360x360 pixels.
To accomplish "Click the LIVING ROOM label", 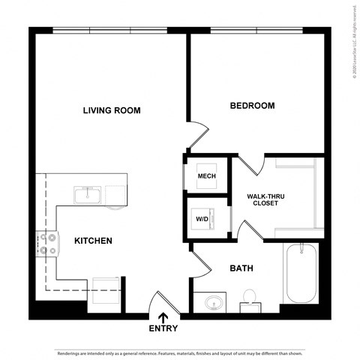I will tap(112, 111).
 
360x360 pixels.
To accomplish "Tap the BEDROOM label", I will tap(251, 106).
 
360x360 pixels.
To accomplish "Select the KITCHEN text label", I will tap(93, 241).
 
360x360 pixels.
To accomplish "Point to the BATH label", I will tap(241, 268).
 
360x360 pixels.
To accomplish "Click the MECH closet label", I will tap(206, 177).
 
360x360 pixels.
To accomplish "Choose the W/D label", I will tap(202, 219).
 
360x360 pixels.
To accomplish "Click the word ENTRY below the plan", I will tap(163, 328).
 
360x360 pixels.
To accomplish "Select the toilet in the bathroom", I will tap(249, 301).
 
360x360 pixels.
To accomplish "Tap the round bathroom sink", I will tap(213, 304).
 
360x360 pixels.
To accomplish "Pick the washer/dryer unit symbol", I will tap(211, 218).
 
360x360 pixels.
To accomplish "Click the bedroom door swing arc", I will tap(196, 136).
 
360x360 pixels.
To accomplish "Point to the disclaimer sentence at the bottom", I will tap(180, 351).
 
